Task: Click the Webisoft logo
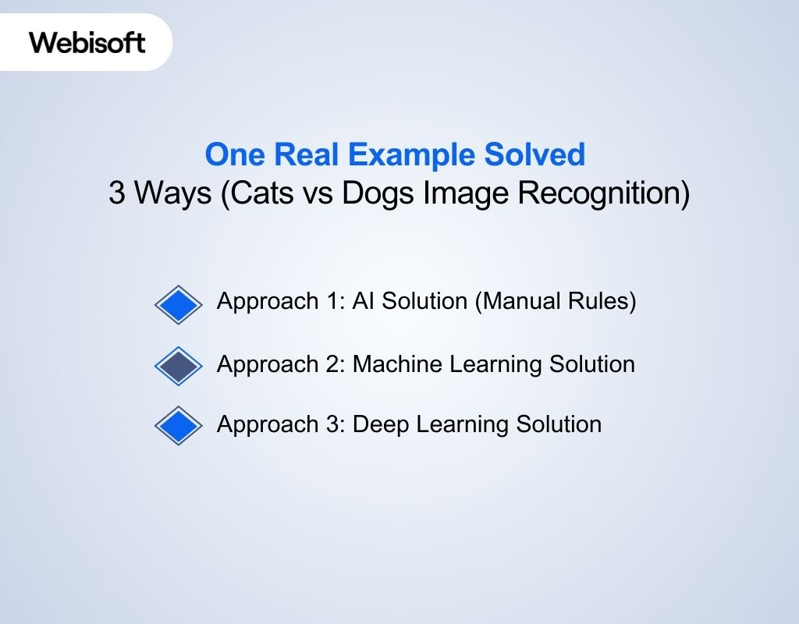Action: (87, 42)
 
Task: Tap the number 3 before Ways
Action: (117, 193)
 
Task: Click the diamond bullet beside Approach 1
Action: (178, 304)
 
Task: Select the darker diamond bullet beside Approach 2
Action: (178, 366)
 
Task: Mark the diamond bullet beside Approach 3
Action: (178, 425)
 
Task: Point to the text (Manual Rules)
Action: (555, 301)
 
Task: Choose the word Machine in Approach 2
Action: (396, 363)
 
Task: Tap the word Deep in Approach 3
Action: (378, 424)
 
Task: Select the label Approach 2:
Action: (281, 363)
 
